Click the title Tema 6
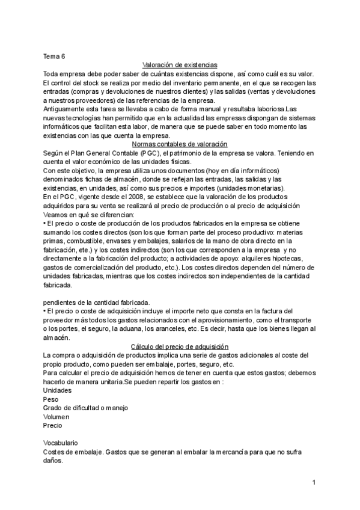point(54,57)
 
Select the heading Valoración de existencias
point(180,65)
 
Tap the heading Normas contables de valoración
point(179,144)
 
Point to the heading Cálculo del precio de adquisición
point(179,346)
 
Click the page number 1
point(314,483)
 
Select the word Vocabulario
point(61,443)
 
